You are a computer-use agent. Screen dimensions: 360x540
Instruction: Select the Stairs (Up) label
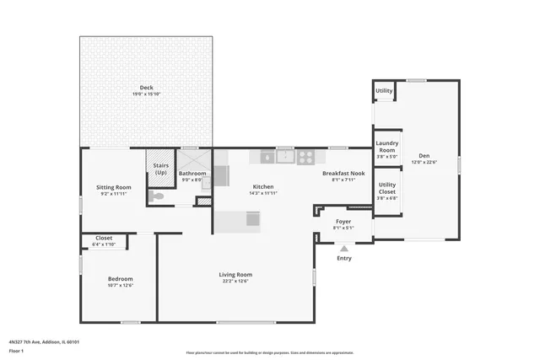[x=159, y=169]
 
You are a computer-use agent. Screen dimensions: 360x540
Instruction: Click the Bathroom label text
[x=192, y=175]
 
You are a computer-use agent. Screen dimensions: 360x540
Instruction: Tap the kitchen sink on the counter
[x=285, y=156]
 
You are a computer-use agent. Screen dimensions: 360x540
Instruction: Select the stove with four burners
[x=305, y=156]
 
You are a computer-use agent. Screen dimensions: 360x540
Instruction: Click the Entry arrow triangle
[x=343, y=248]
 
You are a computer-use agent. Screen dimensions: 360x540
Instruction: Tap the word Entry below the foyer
[x=344, y=258]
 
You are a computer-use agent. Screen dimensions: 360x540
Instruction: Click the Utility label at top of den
[x=384, y=90]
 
